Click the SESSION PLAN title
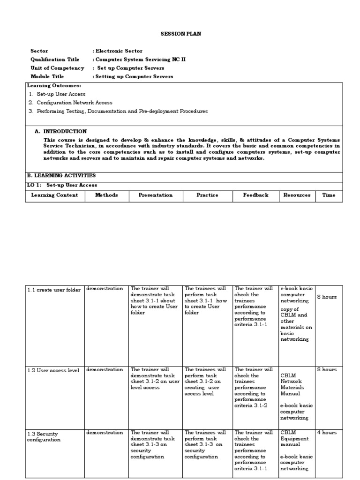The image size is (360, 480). (181, 34)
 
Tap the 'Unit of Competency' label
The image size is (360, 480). (57, 68)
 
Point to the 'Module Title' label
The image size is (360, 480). (47, 76)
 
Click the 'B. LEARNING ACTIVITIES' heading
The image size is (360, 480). (61, 175)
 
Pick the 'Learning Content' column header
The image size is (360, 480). (54, 195)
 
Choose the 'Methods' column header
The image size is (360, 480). (106, 195)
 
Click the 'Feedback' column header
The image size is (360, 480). (255, 195)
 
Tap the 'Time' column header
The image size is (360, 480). (329, 195)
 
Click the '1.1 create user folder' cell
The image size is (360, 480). (54, 290)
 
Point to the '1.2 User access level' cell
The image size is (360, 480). (53, 370)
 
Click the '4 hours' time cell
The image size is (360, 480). (327, 433)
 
